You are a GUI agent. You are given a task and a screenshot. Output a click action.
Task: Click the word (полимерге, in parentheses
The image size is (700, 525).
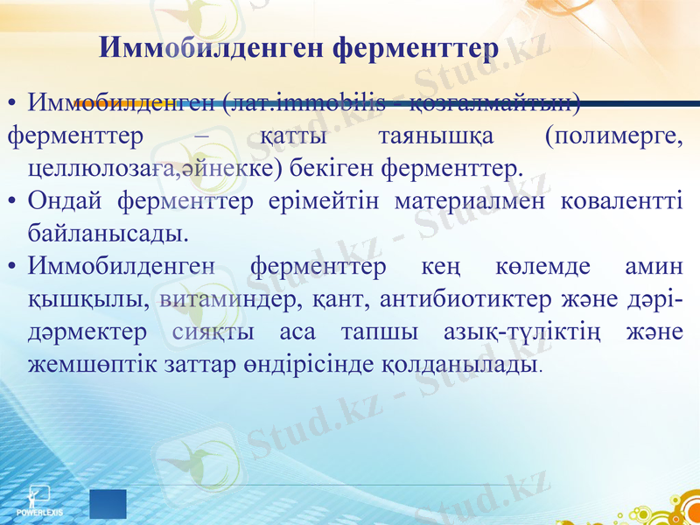[612, 136]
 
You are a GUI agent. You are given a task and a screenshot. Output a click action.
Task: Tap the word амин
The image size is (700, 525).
[655, 266]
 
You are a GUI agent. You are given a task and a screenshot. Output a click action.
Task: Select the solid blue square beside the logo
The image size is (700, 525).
[108, 505]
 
